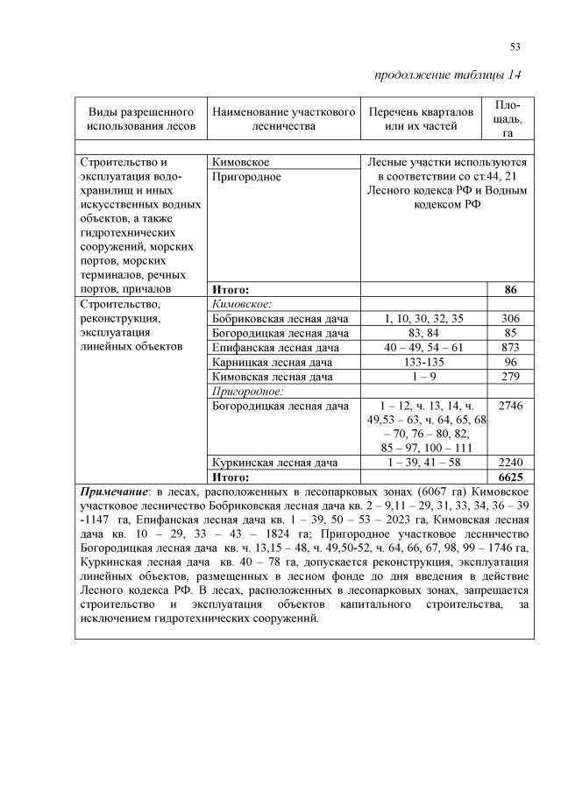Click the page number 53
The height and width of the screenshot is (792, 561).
[x=515, y=46]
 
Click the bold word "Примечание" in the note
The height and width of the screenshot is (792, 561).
[x=112, y=493]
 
